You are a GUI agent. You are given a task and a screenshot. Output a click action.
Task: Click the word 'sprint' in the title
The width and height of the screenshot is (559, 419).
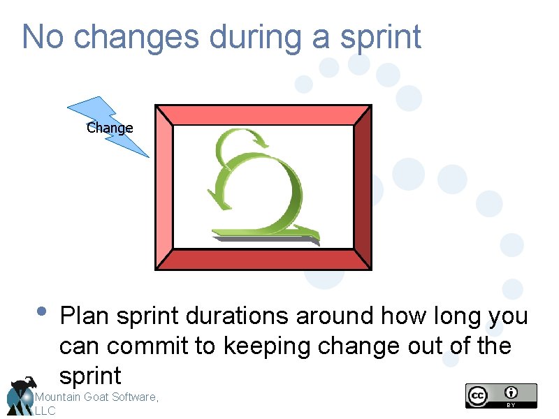(x=381, y=37)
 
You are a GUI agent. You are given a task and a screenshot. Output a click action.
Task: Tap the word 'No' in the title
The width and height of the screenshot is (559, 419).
(x=43, y=37)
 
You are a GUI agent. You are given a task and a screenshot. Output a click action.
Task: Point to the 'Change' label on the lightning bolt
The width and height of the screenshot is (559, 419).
(x=110, y=128)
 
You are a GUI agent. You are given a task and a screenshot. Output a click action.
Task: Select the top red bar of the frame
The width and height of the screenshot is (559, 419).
(x=263, y=115)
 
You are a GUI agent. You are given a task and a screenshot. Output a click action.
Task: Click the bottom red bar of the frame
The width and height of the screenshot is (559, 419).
(x=263, y=259)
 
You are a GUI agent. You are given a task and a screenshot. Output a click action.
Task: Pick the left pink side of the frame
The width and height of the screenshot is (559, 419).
(x=164, y=187)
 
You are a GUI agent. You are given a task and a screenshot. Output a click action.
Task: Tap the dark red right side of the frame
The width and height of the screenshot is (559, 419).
(x=363, y=187)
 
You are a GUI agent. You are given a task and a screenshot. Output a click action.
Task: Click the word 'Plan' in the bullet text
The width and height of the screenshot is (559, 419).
(x=86, y=316)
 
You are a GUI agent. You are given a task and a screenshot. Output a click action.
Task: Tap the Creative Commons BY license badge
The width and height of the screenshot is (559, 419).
(x=501, y=395)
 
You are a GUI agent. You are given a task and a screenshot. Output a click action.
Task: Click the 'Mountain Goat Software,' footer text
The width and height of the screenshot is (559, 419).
(x=96, y=397)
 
